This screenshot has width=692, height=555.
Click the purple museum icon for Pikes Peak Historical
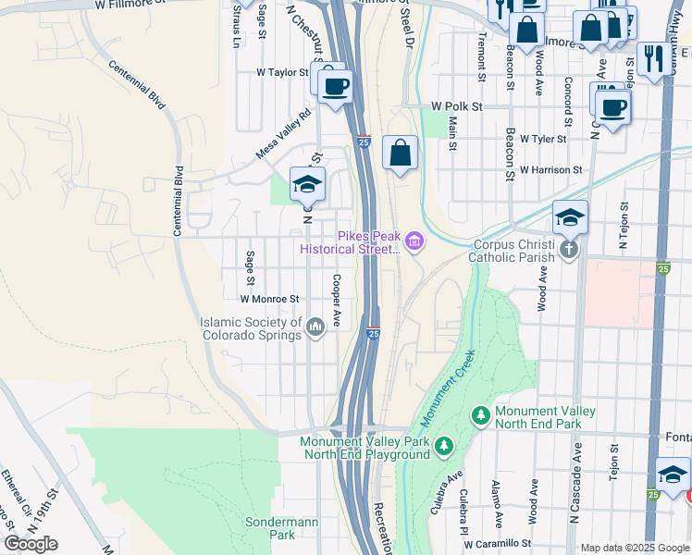coord(414,242)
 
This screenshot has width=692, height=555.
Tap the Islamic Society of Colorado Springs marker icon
coord(315,325)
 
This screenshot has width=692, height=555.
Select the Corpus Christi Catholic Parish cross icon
coord(568,248)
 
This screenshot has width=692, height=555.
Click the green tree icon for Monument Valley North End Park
coord(480,416)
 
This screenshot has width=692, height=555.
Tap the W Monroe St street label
coord(270,299)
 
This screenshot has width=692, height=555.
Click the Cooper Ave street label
coord(338,299)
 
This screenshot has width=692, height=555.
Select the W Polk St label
coord(456,107)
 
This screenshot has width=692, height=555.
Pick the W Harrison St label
coord(550,170)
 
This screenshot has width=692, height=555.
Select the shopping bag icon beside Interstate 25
coord(400,154)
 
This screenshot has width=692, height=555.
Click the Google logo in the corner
coord(31,544)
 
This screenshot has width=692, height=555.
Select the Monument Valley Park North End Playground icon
coord(444,448)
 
